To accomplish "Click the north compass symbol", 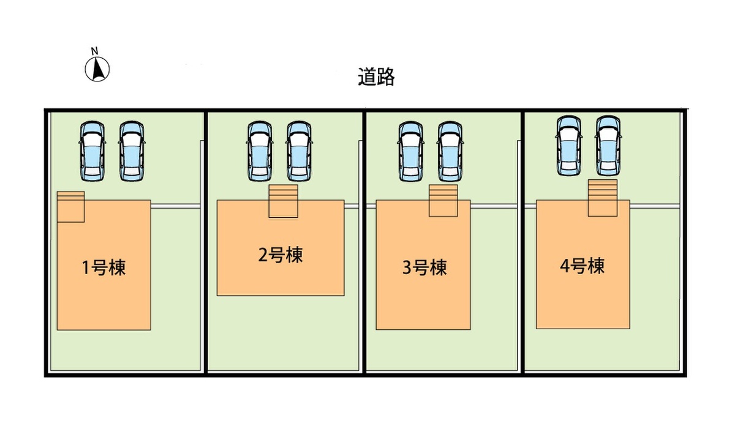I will pos(97,69).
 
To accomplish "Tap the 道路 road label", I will pos(376,77).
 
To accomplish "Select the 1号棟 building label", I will pos(104,267).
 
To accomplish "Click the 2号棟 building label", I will pos(281,255).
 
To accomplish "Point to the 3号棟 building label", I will pos(424,267).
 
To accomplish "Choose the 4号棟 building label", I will pos(582,266).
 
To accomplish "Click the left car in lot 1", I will pos(92,151).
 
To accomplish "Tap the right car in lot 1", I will pos(132,151).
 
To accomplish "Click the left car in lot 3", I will pos(410,151).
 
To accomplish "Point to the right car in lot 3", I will pos(450,151).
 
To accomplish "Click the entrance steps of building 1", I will pos(70,206).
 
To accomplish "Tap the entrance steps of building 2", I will pos(283,201).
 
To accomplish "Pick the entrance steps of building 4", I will pos(603,197).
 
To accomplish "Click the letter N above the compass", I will pos(94,50).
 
